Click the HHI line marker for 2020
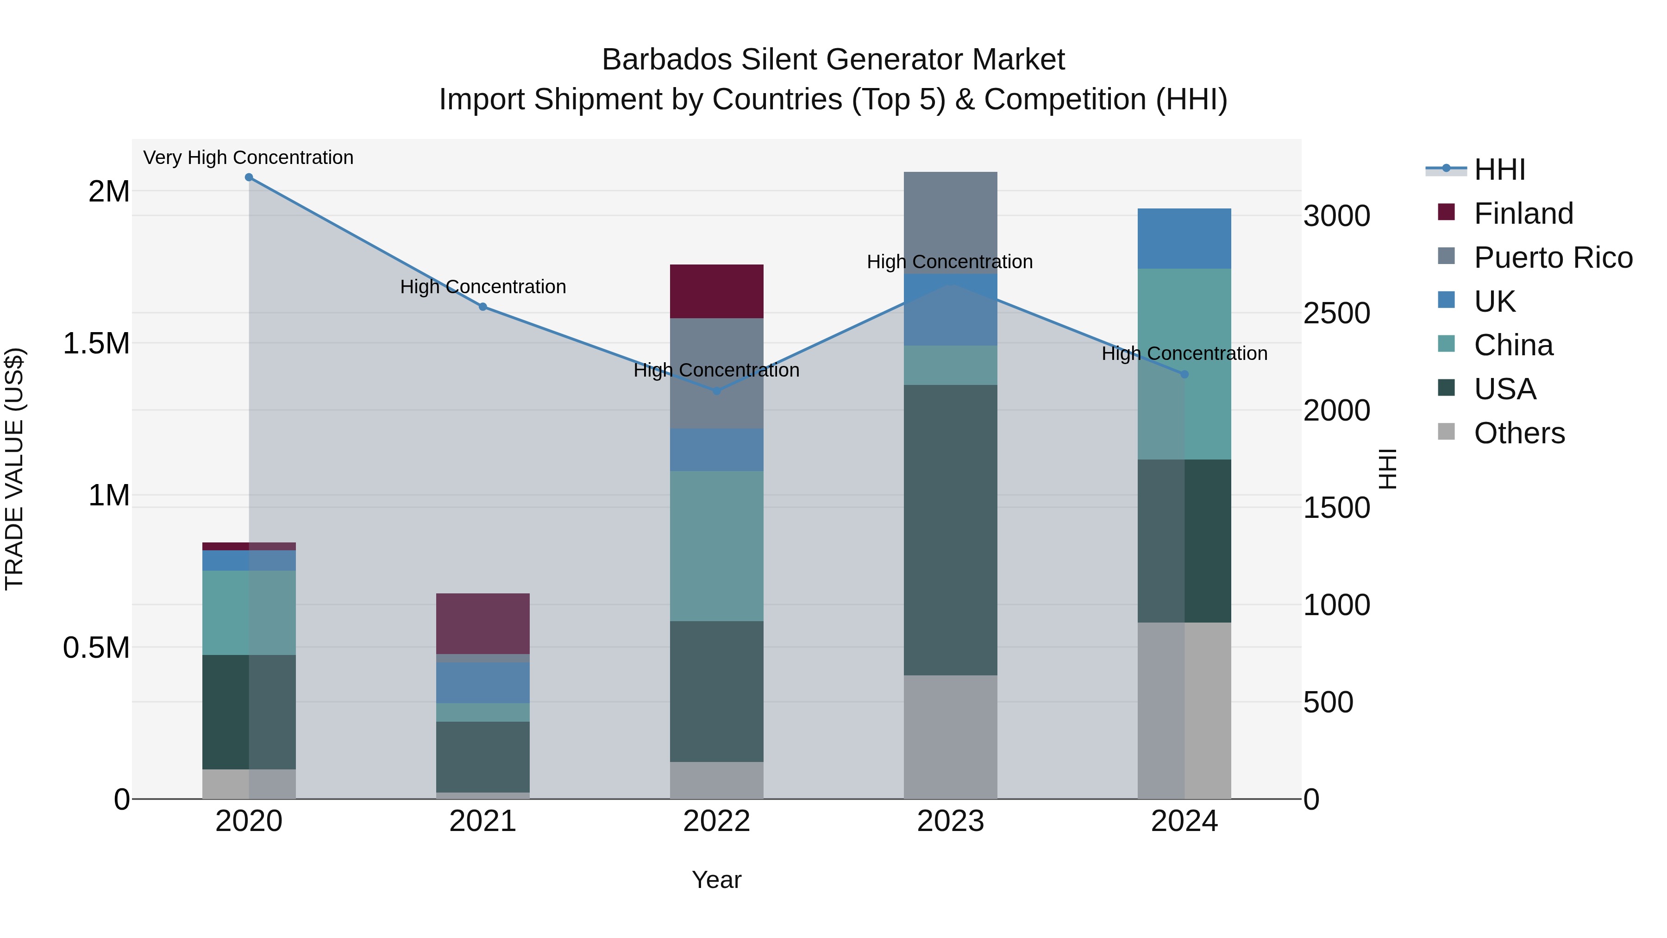pos(249,177)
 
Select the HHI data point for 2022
pos(716,391)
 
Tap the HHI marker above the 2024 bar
pos(1184,374)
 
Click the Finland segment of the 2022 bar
pos(716,291)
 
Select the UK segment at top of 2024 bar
pos(1184,238)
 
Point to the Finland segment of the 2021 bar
pos(483,623)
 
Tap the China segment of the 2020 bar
pos(249,612)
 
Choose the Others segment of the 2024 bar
pos(1184,710)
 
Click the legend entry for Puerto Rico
pos(1553,258)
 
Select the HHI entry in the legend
pos(1499,170)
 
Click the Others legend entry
pos(1518,433)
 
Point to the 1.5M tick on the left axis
pos(96,344)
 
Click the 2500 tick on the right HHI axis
pos(1336,313)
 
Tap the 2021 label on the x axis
pos(483,821)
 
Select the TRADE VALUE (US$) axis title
pos(14,469)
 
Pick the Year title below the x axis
pos(716,880)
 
